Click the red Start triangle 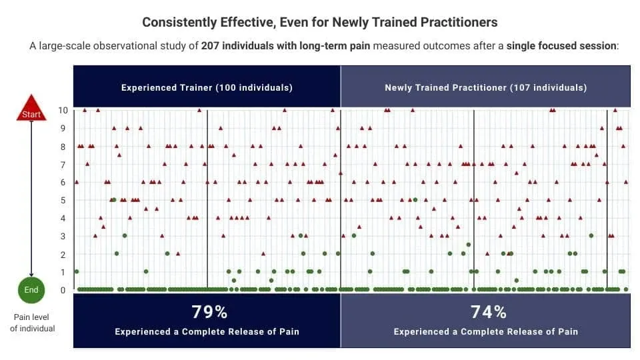pos(31,109)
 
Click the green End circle pos(31,290)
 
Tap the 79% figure pos(209,312)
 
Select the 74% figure pos(488,312)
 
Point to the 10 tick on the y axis pos(63,110)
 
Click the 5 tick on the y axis pos(63,201)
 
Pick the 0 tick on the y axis pos(63,290)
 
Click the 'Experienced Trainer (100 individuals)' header pos(207,88)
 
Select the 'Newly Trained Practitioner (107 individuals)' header pos(486,88)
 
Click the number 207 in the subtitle pos(210,46)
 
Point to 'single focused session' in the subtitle pos(561,46)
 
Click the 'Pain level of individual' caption pos(32,323)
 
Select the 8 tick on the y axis pos(63,147)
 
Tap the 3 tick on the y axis pos(63,236)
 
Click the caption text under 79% pos(207,332)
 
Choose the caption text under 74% pos(486,332)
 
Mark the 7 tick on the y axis pos(63,165)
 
